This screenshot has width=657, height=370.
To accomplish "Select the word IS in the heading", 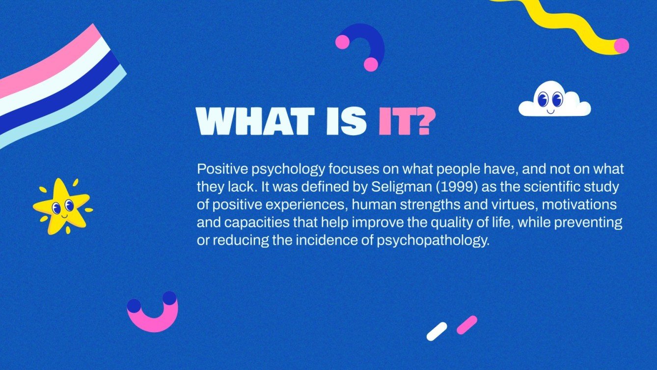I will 347,121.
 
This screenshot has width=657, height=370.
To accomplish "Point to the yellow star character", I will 62,206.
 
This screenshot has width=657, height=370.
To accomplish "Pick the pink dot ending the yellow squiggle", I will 621,46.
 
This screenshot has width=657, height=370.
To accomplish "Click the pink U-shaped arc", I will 153,319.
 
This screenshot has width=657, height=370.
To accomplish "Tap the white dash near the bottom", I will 437,331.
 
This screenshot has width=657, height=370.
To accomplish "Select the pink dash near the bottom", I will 466,325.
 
